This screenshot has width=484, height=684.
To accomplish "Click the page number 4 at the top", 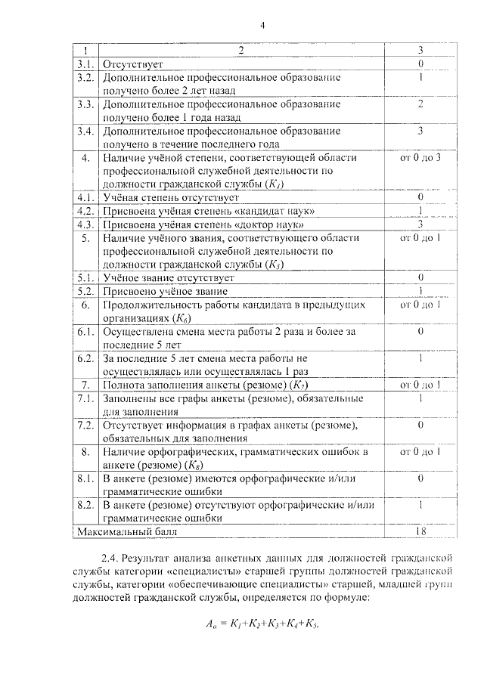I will coord(262,24).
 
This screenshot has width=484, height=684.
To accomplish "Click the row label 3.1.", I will coord(85,64).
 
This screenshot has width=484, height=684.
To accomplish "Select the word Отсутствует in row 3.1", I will coord(132,64).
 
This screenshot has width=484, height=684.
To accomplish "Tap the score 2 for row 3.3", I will coord(420,104).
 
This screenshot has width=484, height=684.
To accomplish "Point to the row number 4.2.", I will coord(85,211).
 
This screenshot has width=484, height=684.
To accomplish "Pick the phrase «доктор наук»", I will coord(271,224).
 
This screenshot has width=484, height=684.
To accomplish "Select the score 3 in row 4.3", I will coord(420,224).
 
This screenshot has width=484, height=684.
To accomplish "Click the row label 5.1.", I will coord(85,278).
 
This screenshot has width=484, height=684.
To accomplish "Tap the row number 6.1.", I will coord(85,332).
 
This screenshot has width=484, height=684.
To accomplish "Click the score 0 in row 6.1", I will coord(420,332).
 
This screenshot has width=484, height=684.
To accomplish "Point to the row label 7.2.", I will coord(85,426).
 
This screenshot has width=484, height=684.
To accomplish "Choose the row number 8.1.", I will coord(85,479).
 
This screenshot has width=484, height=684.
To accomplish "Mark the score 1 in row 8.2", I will coord(420,506).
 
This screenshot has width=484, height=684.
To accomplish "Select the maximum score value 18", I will coord(420,532).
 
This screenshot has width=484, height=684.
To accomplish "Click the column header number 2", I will coord(241,51).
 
